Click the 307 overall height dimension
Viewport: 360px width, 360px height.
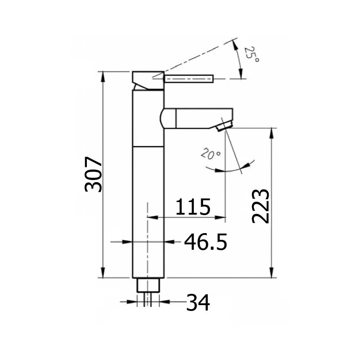click(x=94, y=174)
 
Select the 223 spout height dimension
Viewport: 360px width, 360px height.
click(x=261, y=206)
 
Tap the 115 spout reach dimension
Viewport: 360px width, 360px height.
click(x=193, y=207)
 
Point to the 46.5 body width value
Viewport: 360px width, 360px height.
click(x=205, y=243)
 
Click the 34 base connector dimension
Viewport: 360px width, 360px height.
click(x=198, y=302)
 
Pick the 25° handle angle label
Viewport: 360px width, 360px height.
click(x=252, y=55)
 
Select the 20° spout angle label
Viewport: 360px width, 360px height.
click(x=211, y=155)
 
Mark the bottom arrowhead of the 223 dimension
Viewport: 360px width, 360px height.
click(x=272, y=274)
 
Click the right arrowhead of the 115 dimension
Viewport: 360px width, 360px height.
click(x=221, y=217)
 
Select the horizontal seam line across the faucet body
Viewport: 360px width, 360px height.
click(x=148, y=147)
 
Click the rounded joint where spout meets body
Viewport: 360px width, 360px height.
click(x=164, y=118)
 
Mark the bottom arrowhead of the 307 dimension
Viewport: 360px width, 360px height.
click(x=103, y=274)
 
